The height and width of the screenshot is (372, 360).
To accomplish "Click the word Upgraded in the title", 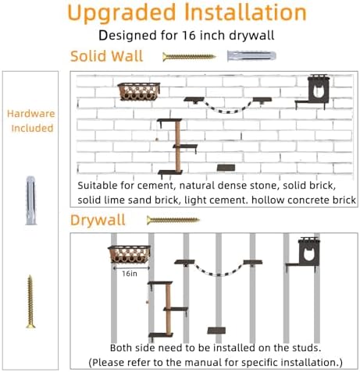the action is point(122,13).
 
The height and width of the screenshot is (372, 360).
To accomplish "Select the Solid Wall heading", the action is point(107,56).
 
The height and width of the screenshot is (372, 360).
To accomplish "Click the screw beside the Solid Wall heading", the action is point(189,57).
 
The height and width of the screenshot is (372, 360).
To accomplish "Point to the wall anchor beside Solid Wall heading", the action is point(251,56).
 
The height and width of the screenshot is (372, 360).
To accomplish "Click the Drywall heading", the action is point(98,220).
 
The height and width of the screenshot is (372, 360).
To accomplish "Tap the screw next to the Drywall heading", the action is point(173,220).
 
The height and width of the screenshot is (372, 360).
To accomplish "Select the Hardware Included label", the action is point(31,121).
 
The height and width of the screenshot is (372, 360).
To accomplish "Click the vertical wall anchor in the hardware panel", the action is point(30,200).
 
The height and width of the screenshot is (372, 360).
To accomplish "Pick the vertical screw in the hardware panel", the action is point(30,302).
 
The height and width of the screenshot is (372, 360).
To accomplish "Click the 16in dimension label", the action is point(130,274).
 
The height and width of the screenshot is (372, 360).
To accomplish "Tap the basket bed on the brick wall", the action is point(139,91).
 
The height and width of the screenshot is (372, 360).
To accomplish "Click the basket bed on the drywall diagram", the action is point(130,254).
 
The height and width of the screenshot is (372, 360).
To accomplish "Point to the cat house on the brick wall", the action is point(314,92).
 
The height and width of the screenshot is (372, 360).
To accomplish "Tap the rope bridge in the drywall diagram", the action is point(218,267).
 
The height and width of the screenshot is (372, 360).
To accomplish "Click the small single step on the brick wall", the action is point(226,168).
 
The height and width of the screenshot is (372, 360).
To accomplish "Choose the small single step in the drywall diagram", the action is point(216,331).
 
